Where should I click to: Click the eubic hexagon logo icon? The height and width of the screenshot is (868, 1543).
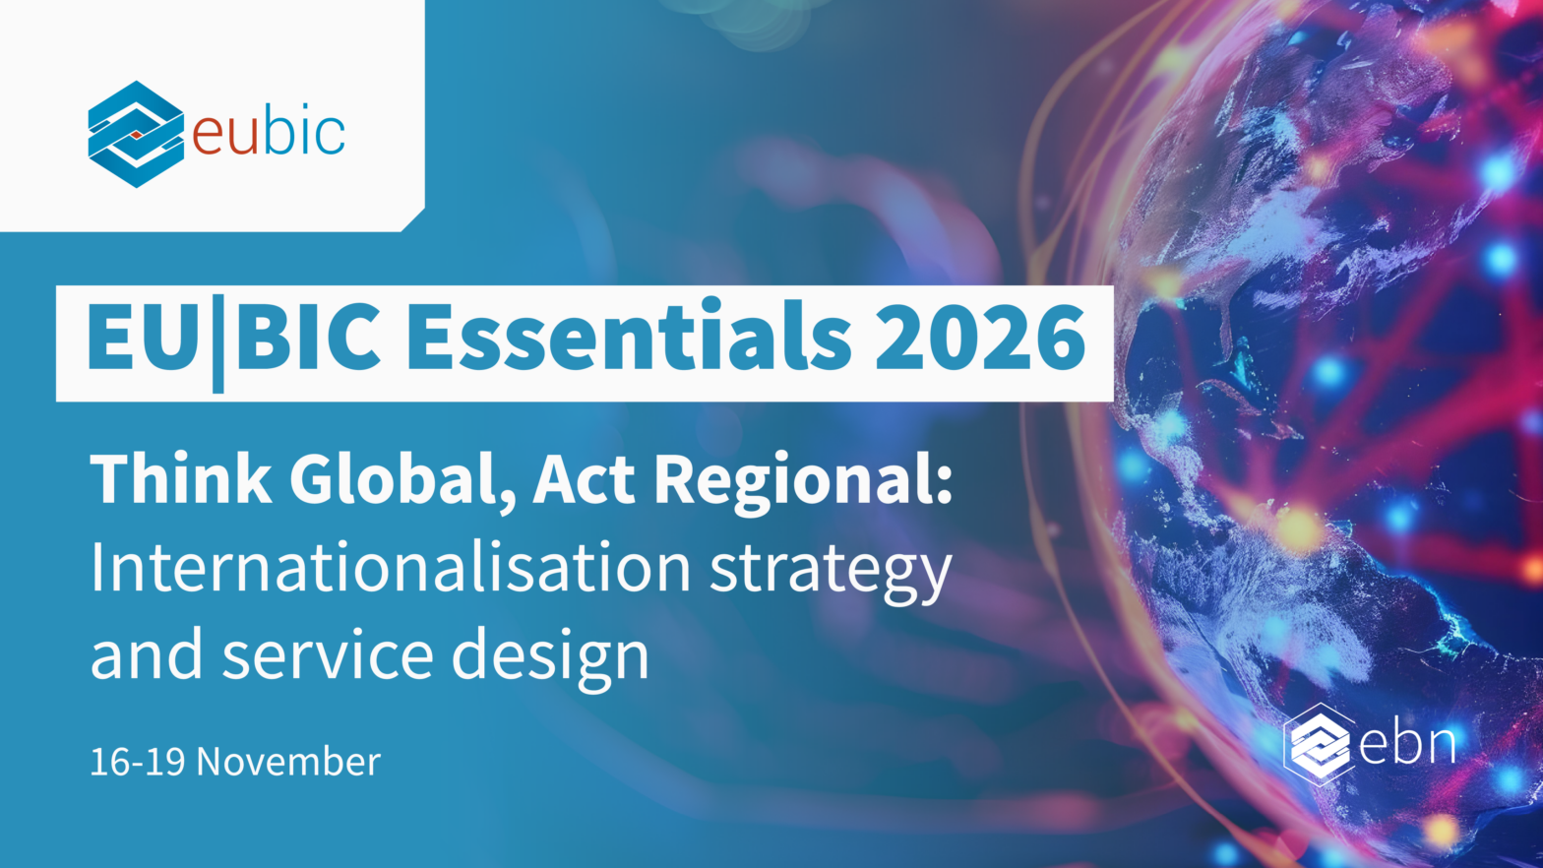pyautogui.click(x=136, y=134)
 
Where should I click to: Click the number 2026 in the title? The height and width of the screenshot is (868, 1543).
pyautogui.click(x=980, y=337)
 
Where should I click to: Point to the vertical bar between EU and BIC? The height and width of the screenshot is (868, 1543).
pyautogui.click(x=217, y=343)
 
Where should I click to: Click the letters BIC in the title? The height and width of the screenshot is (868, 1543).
pyautogui.click(x=307, y=337)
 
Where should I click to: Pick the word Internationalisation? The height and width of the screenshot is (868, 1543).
pyautogui.click(x=391, y=567)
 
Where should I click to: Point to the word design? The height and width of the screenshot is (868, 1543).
pyautogui.click(x=550, y=659)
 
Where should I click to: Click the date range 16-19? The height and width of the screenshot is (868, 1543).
pyautogui.click(x=138, y=762)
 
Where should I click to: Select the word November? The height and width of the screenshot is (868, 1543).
pyautogui.click(x=288, y=762)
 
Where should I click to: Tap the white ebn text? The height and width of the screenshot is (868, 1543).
pyautogui.click(x=1408, y=744)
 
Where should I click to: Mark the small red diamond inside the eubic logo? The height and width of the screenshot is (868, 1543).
pyautogui.click(x=137, y=135)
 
